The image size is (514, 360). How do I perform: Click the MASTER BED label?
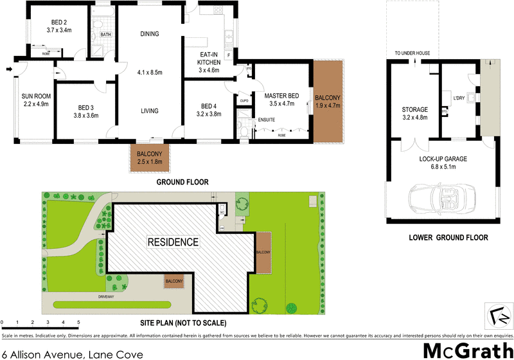coord(279,96)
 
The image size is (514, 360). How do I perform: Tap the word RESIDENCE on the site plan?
coord(173,242)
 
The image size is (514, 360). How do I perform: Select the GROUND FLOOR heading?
coord(182,183)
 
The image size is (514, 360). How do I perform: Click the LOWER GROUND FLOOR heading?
coord(448,238)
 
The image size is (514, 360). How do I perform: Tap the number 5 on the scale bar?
coord(78,322)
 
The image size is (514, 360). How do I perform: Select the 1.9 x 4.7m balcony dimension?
coord(328,105)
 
